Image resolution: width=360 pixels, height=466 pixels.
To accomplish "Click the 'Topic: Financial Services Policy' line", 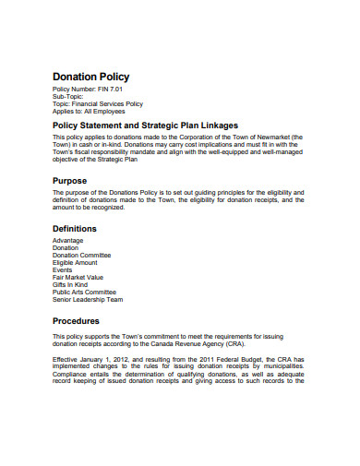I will tap(99, 102).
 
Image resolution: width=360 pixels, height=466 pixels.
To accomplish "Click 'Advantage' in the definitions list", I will tap(69, 241).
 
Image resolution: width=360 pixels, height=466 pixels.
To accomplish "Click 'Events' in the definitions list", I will tap(64, 270).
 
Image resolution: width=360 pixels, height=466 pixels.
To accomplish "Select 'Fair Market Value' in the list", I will tap(78, 278).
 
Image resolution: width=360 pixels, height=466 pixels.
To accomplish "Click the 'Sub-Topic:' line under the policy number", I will tap(69, 95).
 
